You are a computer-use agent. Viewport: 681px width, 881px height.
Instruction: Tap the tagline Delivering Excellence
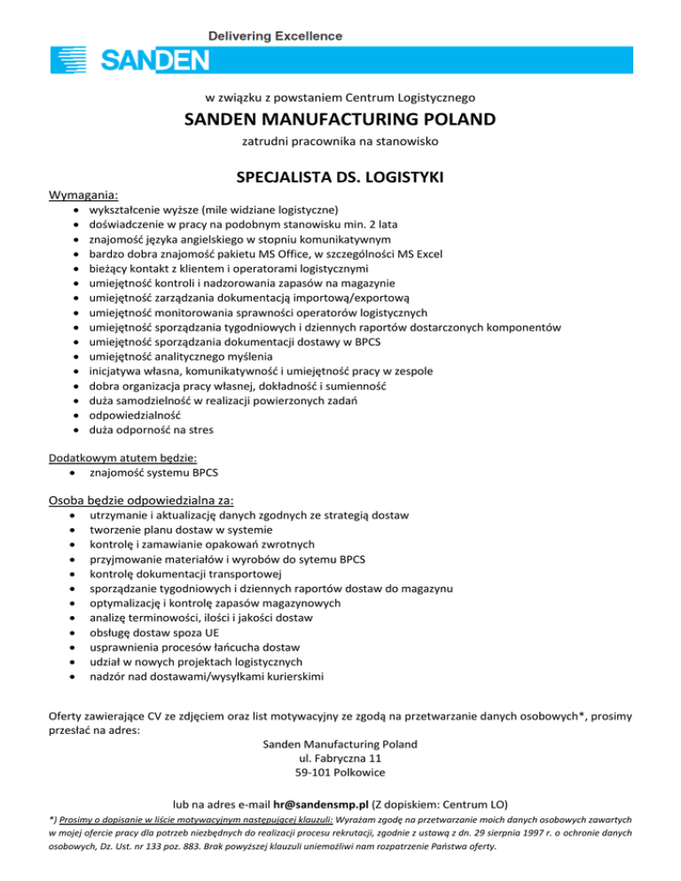[x=275, y=36]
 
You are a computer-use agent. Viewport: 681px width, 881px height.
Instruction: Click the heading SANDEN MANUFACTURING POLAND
[x=340, y=119]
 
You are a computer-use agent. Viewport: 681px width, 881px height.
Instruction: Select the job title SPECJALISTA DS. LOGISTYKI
[x=340, y=181]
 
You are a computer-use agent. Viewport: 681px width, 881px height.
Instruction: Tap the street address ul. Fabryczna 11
[x=340, y=759]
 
